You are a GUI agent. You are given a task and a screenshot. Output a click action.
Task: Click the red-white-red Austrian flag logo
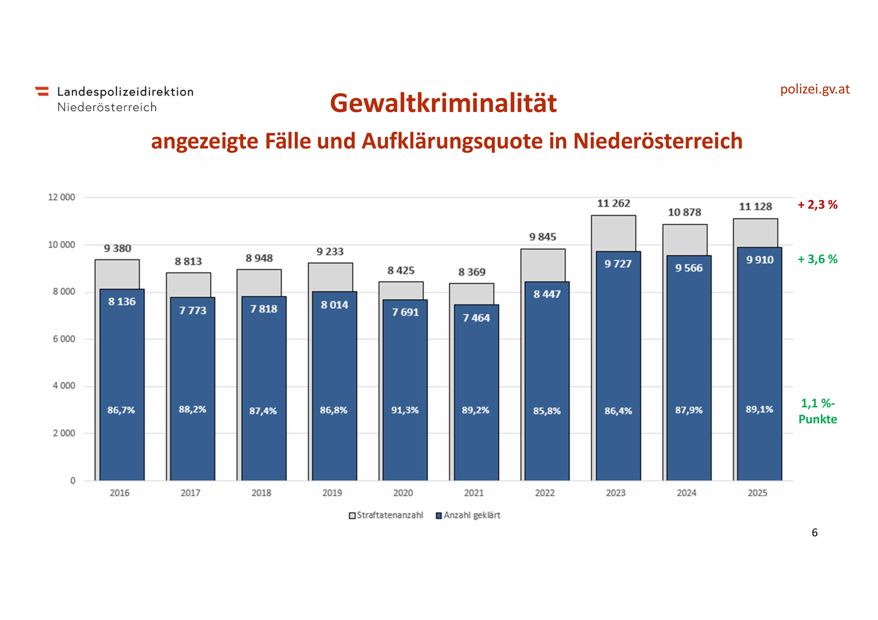[42, 91]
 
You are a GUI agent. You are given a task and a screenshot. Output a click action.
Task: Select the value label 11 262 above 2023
[613, 204]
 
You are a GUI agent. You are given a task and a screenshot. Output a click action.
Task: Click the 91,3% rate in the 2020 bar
[405, 410]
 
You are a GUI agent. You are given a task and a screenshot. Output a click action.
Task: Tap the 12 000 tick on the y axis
[61, 197]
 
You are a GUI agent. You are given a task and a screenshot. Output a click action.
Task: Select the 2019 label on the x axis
[332, 493]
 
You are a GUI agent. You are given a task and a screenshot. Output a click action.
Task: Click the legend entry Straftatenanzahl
[390, 515]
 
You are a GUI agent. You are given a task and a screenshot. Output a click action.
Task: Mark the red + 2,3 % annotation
[817, 205]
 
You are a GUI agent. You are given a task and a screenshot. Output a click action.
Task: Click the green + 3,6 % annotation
[817, 260]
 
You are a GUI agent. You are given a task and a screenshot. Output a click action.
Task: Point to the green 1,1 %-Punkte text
[818, 411]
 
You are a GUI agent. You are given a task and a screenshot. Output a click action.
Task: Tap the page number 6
[814, 533]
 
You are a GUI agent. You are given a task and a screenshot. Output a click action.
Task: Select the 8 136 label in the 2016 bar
[122, 302]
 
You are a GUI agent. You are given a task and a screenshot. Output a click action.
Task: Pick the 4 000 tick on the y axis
[64, 386]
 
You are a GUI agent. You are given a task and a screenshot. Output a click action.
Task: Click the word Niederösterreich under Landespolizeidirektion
[107, 107]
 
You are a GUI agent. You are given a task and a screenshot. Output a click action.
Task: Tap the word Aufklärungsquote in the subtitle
[452, 141]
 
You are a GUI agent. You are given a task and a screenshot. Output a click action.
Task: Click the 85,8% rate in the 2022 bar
[546, 411]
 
